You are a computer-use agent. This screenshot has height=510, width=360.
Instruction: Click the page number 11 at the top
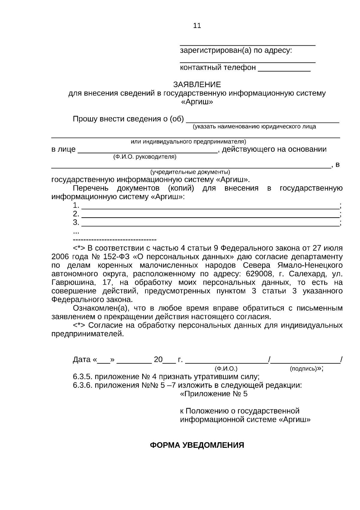point(197,26)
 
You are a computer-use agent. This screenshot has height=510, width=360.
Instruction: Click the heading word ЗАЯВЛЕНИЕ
point(197,84)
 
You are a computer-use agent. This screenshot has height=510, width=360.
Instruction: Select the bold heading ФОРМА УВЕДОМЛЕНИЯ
point(197,445)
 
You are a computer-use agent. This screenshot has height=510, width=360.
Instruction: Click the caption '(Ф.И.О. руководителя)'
point(145,157)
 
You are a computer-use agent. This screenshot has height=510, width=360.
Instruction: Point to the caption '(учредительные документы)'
point(190,172)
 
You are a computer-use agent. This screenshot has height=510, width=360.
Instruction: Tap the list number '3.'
point(76,223)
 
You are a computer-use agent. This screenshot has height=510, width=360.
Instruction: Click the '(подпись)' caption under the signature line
point(304,368)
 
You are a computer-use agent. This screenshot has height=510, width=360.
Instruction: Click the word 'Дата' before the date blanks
point(81,360)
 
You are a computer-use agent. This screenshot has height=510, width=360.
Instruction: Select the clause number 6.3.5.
point(82,377)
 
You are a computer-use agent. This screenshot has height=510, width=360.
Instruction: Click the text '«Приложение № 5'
point(214,394)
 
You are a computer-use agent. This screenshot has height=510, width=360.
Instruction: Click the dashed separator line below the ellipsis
point(115,240)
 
